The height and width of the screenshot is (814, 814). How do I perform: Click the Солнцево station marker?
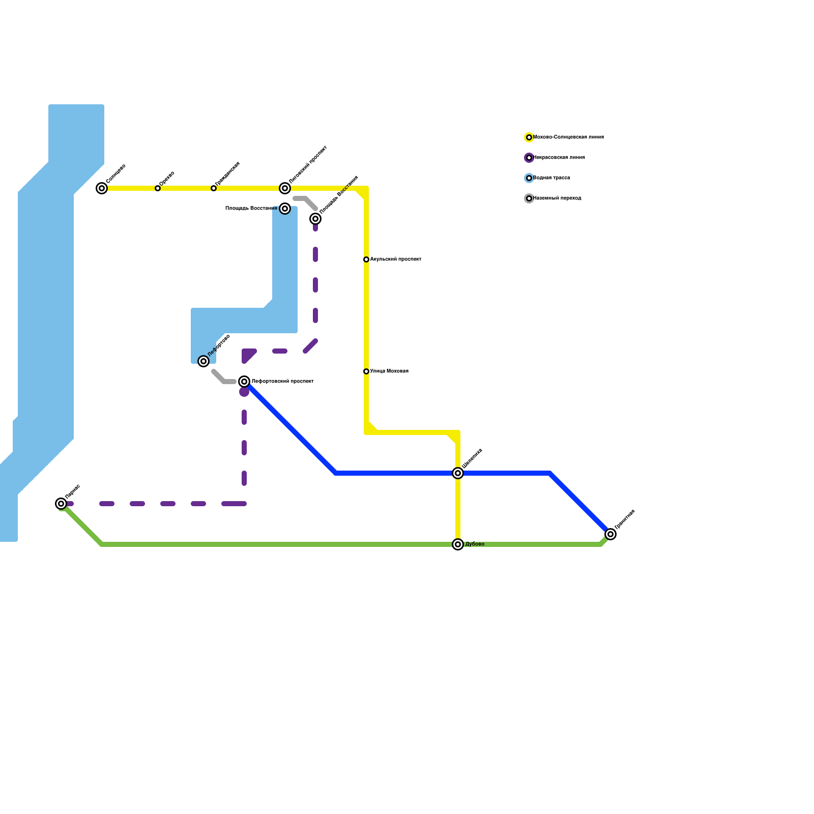coord(102,188)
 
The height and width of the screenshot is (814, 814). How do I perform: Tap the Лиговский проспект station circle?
coord(285,188)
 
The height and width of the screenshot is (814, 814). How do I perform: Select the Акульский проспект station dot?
coord(366,259)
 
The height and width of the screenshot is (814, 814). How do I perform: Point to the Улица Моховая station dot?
coord(366,371)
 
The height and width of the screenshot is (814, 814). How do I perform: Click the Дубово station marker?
coord(458,544)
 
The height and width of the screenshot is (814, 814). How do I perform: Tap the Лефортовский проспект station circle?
coord(244,382)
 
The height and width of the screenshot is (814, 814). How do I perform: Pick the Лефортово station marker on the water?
coord(203,361)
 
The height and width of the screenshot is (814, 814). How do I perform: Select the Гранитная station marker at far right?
coord(610,534)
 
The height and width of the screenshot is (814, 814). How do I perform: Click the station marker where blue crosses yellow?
coord(458,473)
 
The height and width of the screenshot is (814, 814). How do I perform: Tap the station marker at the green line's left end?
coord(61,504)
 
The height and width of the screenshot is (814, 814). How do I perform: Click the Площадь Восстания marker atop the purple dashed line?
coord(315,219)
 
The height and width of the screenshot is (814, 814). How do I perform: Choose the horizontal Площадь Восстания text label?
coord(251,209)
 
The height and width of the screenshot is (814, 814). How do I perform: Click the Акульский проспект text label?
coord(396,259)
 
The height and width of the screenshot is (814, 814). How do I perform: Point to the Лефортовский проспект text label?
coord(282,382)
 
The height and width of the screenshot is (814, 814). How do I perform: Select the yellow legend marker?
coord(529,137)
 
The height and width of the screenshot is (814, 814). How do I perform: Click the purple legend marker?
coord(529,158)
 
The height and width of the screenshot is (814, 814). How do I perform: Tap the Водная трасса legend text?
coord(551,178)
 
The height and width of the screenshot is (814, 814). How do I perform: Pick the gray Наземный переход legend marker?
coord(529,198)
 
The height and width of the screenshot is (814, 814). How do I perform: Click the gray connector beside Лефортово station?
coord(223,379)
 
